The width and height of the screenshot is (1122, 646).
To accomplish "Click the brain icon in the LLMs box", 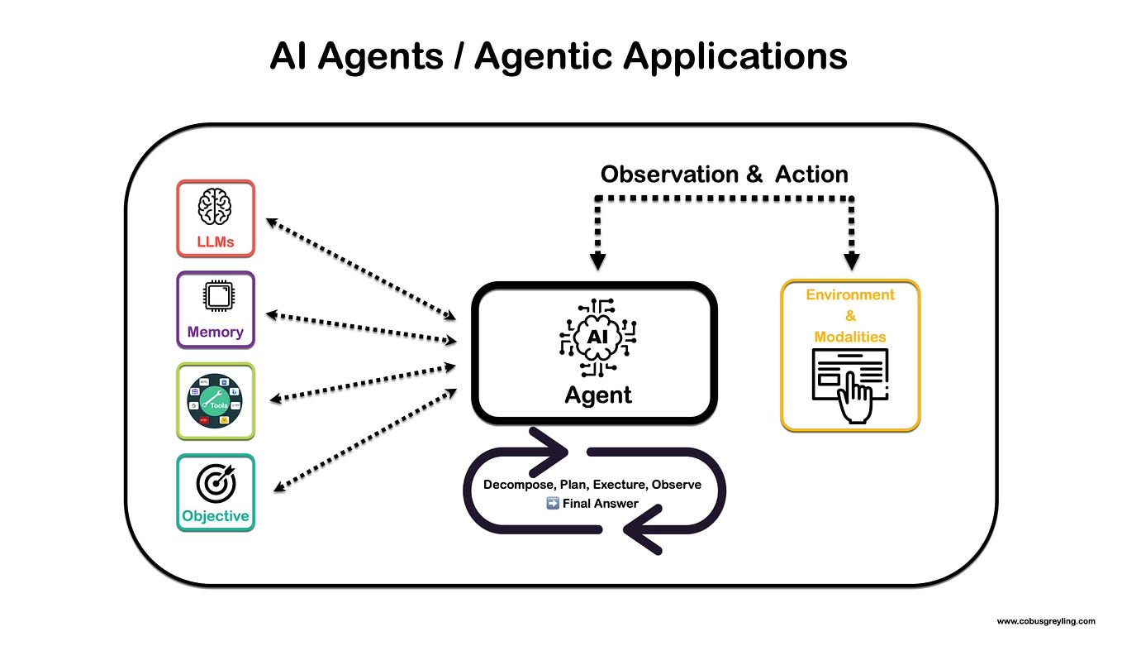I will click(215, 206).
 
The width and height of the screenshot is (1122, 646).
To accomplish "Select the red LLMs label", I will click(215, 242).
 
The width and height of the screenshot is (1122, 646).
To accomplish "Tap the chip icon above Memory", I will click(216, 297).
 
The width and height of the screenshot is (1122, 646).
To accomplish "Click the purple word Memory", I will click(216, 333).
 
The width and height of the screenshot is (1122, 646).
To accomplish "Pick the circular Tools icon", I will click(216, 401).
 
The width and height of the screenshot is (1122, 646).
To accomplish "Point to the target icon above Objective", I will click(216, 483).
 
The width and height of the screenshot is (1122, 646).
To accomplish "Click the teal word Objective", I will click(216, 516).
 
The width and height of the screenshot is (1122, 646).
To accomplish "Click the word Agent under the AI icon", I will click(598, 395).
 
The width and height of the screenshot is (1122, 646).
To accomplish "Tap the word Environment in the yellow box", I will click(850, 294).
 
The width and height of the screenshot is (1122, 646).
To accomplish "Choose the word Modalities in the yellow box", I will click(850, 337).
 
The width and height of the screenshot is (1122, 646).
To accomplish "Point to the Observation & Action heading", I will click(724, 175).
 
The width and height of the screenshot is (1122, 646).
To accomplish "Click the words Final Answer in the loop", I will click(600, 503).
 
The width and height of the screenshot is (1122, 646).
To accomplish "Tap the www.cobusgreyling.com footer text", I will click(1045, 620).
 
